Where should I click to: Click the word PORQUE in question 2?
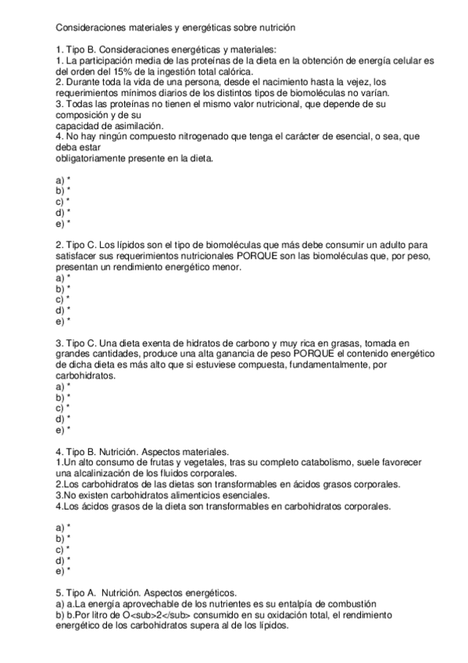[x=252, y=256]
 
